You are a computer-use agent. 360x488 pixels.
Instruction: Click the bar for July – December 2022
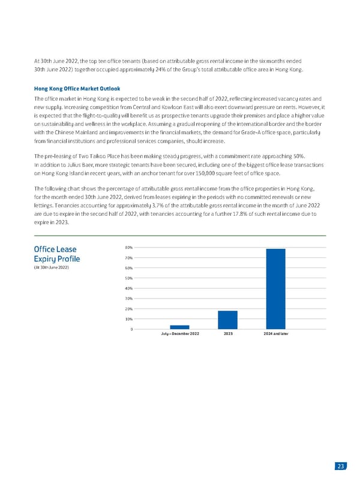[x=179, y=327]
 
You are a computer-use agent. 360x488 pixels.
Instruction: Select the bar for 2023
[x=227, y=320]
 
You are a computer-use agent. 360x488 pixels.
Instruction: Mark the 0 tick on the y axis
[x=131, y=329]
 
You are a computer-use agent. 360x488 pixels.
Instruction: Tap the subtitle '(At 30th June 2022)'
[x=52, y=267]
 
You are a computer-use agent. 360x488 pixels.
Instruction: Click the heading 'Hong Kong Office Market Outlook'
[x=77, y=88]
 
